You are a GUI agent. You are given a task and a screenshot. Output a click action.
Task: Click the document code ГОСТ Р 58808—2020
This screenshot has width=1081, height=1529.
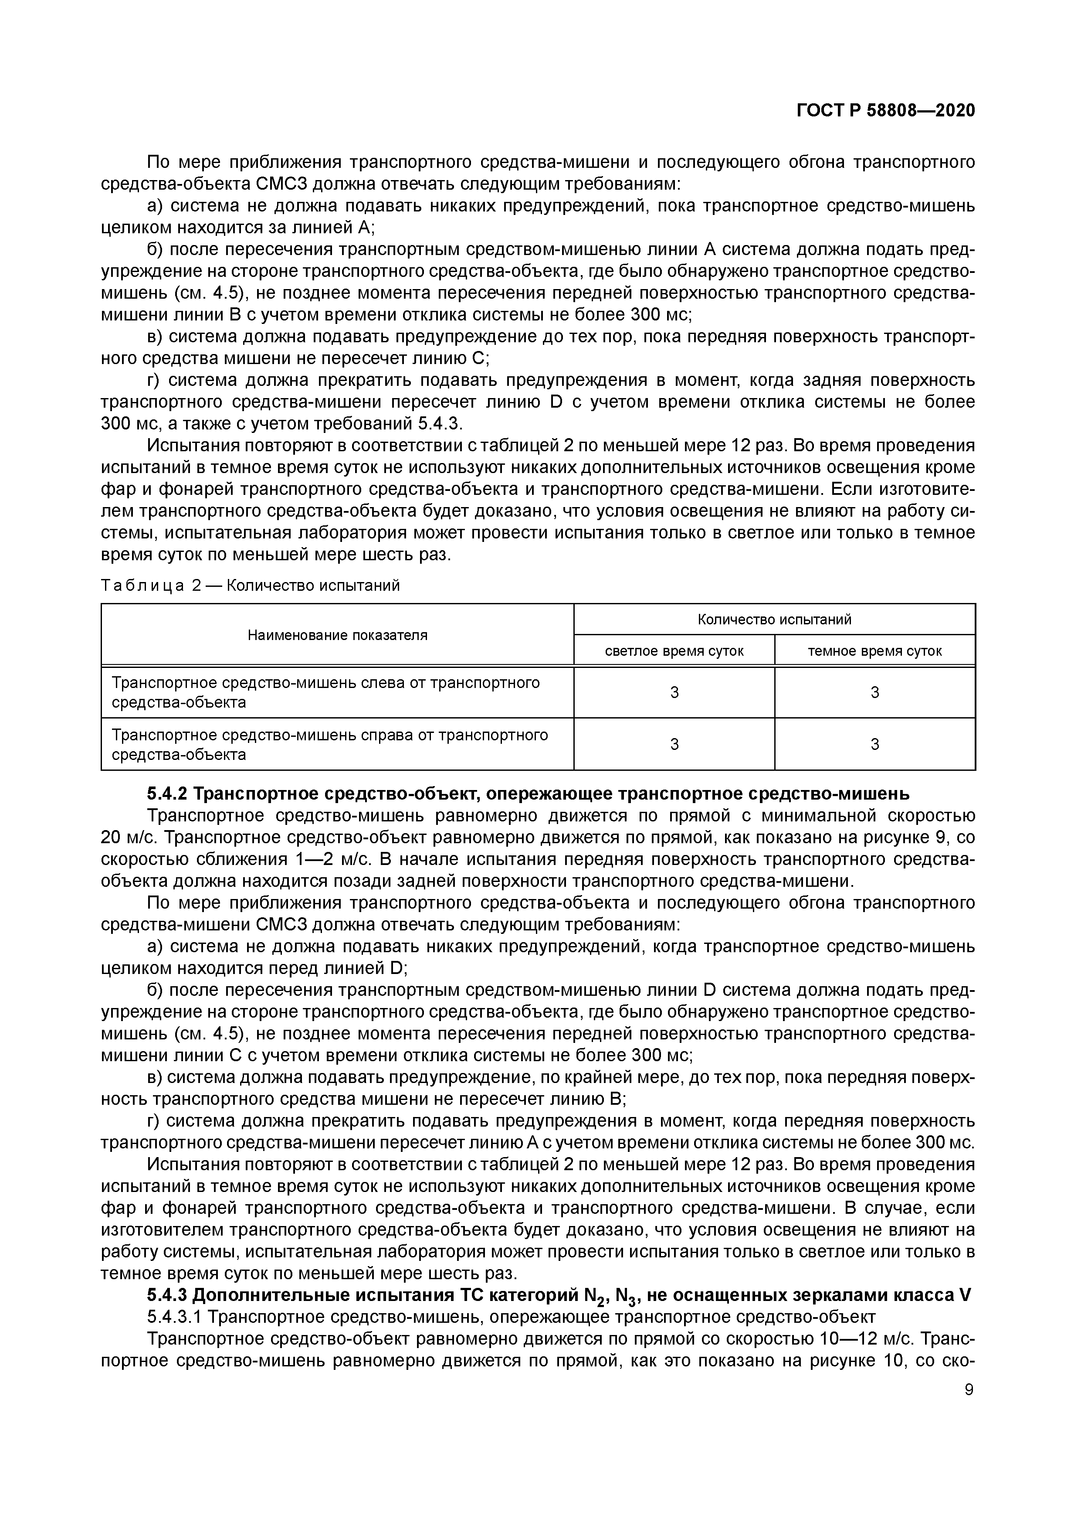(x=885, y=111)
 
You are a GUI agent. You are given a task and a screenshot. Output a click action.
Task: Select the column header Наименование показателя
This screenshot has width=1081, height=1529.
(x=338, y=635)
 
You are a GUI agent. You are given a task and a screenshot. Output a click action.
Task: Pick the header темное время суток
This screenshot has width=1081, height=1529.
(x=874, y=650)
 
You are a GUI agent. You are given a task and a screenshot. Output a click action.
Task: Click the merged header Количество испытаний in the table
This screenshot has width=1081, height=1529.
(x=774, y=620)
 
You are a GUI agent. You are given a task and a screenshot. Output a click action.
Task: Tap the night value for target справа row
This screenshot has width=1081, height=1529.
(x=874, y=744)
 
